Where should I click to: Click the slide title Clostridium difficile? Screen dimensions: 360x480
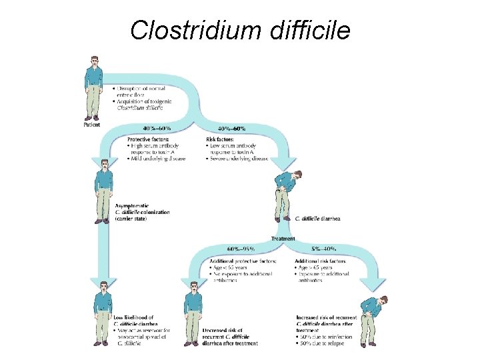[x=240, y=29]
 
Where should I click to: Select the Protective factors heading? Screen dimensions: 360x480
[x=149, y=139]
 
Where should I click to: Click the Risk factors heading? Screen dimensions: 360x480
[x=220, y=139]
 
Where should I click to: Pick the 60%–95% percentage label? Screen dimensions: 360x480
[x=241, y=249]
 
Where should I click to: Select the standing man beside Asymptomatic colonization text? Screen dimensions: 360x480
[x=103, y=191]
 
